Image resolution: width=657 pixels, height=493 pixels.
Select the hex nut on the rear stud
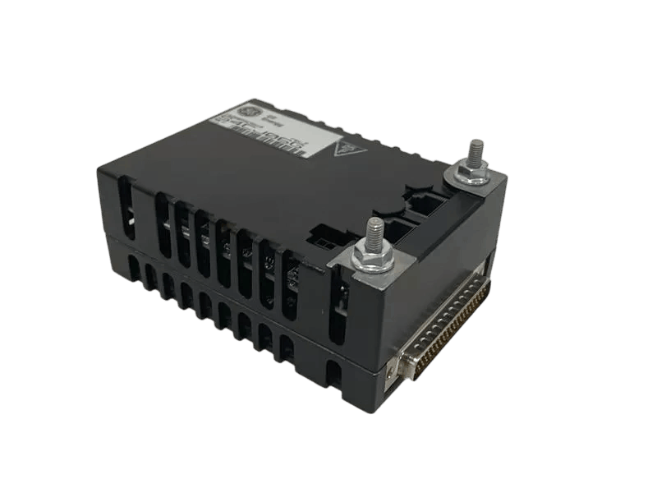pyautogui.click(x=471, y=169)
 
